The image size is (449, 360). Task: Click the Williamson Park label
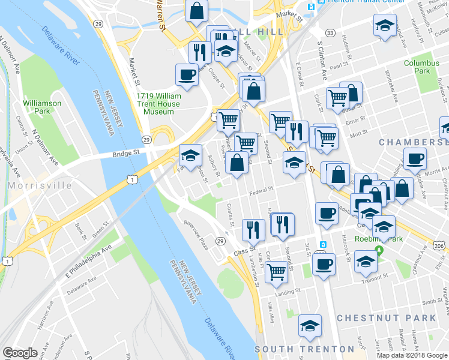(42, 107)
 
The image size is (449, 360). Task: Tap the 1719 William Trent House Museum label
(158, 104)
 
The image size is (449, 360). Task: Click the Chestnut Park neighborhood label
(385, 317)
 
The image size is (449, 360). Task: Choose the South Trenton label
(304, 349)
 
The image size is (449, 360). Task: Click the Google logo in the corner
(20, 353)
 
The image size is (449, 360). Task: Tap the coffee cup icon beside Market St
(187, 76)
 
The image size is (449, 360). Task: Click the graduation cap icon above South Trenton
(310, 326)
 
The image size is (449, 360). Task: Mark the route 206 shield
(439, 246)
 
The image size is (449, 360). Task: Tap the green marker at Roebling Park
(379, 250)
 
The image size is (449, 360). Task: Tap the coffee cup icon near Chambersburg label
(415, 159)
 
